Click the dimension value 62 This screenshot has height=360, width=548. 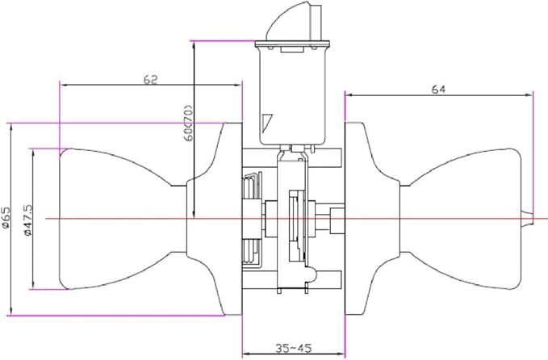(151, 79)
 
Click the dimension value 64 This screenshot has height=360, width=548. (438, 90)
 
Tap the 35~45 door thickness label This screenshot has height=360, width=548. (293, 348)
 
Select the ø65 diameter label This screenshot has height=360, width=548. (6, 218)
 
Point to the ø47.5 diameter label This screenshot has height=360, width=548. (28, 220)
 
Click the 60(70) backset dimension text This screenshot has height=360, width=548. (188, 123)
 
